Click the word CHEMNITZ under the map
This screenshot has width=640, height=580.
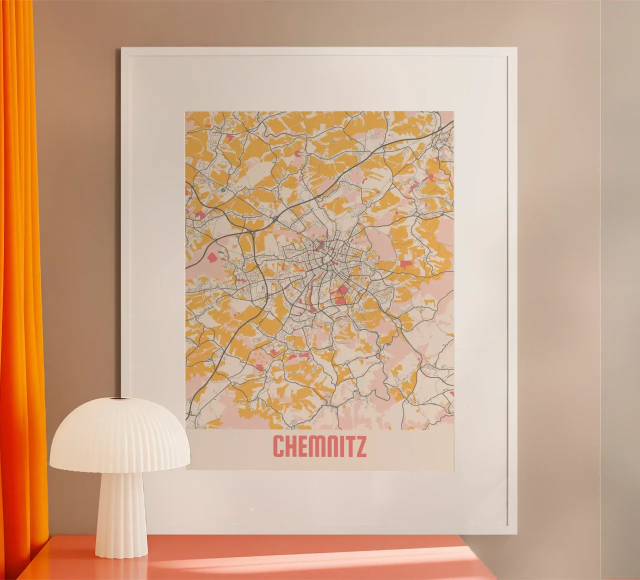point(319,446)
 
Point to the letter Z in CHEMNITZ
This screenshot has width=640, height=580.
point(360,446)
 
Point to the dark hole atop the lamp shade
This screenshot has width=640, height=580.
point(118,398)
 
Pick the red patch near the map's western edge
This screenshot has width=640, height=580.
point(213,257)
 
